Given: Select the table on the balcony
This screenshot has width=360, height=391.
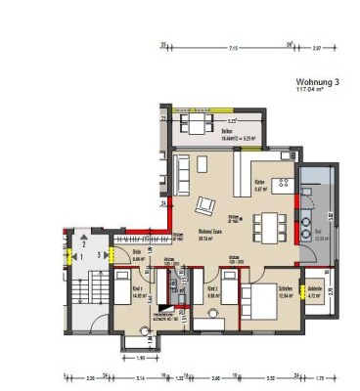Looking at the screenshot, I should click(198, 127).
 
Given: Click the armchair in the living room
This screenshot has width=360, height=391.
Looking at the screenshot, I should click(205, 205).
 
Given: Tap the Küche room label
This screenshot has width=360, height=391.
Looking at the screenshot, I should click(260, 182).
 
